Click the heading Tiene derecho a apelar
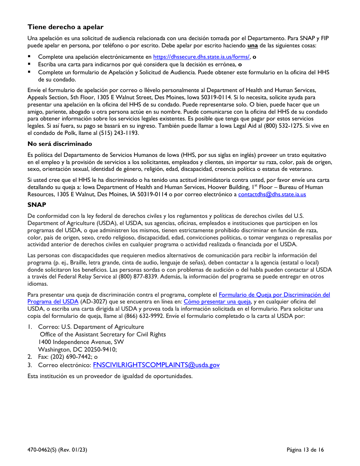(65, 27)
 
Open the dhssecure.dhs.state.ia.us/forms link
(201, 57)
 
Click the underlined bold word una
(252, 45)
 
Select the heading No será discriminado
(59, 144)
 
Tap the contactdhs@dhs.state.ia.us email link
(272, 194)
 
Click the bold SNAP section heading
(37, 205)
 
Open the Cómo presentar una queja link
(217, 302)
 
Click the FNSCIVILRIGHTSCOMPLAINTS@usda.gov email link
(156, 365)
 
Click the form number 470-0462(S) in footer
(42, 450)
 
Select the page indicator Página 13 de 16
(305, 450)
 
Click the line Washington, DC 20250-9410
(77, 349)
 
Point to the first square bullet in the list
(29, 57)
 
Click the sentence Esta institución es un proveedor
(110, 376)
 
